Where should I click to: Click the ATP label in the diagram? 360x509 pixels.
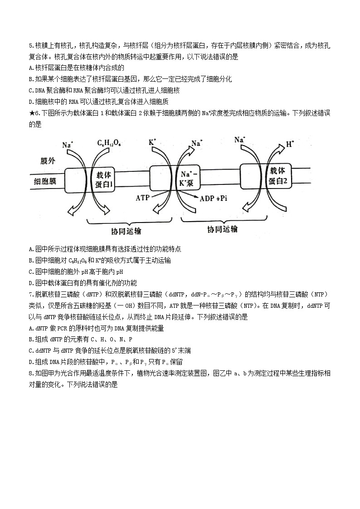point(143,198)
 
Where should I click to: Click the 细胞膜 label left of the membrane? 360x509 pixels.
point(45,181)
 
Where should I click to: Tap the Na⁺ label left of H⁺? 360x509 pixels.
point(240,140)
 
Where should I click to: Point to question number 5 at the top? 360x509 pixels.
point(30,45)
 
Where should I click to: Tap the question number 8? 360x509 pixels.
point(30,373)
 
